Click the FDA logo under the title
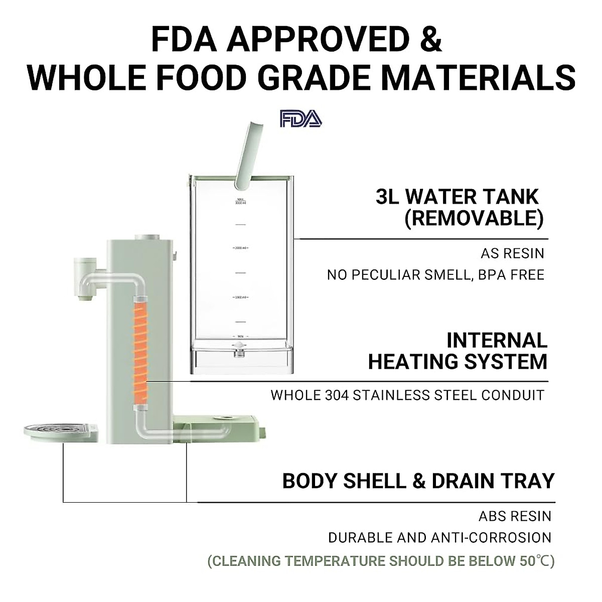click(x=301, y=119)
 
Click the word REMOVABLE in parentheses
click(x=474, y=219)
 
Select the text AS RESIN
click(x=512, y=253)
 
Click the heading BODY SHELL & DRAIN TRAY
click(x=418, y=481)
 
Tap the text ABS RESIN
click(x=515, y=516)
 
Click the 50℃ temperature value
click(x=533, y=561)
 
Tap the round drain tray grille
click(x=59, y=430)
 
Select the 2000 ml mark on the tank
click(x=241, y=248)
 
